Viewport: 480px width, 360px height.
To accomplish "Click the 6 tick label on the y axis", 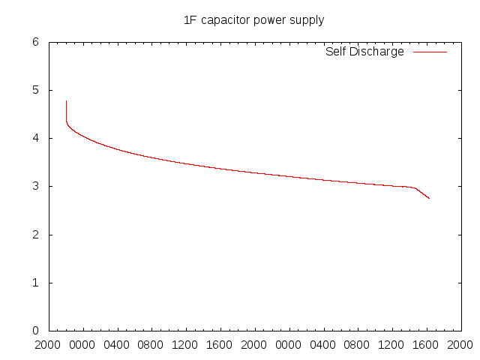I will click(x=34, y=42).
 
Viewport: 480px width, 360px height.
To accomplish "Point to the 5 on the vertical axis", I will click(x=34, y=90).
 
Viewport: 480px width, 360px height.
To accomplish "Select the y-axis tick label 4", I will click(x=34, y=138).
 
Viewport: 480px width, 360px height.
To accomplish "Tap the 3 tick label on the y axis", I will click(x=34, y=186).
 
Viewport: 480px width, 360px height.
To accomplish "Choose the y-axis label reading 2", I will click(x=34, y=235).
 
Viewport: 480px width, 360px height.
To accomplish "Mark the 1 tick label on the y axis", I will click(x=34, y=283).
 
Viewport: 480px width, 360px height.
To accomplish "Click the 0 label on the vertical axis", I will click(x=34, y=331).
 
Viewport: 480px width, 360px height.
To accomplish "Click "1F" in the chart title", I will click(x=190, y=20).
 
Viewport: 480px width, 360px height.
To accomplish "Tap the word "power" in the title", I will click(x=268, y=20).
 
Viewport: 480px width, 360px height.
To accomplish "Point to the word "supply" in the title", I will click(x=307, y=21).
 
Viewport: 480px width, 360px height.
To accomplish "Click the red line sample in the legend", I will click(x=430, y=52).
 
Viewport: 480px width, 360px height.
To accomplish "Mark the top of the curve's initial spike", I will click(x=66, y=100).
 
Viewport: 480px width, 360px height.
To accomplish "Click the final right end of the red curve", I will click(x=430, y=199).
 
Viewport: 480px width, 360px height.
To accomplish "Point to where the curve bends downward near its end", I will click(x=415, y=187).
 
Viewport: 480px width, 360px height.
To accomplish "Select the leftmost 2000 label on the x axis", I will click(x=49, y=346).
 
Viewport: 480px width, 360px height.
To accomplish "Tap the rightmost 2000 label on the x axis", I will click(x=460, y=346).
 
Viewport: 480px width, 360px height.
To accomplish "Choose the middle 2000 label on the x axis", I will click(x=255, y=346).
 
